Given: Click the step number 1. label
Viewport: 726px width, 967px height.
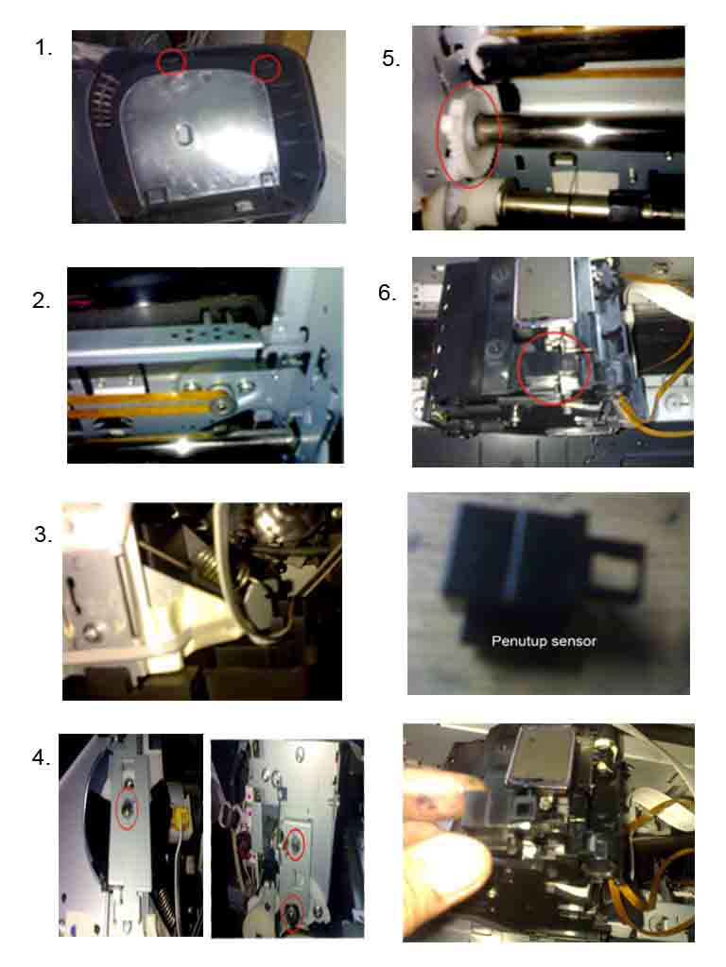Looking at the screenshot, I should [x=43, y=48].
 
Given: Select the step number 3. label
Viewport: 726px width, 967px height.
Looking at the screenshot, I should [x=43, y=534].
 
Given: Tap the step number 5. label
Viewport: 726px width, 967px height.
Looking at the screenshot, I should [x=391, y=59].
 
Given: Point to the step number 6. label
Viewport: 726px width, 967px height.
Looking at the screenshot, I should [x=388, y=293].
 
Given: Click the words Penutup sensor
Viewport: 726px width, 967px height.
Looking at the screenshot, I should [x=544, y=641].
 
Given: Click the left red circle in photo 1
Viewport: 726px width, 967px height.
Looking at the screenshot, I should [x=171, y=61].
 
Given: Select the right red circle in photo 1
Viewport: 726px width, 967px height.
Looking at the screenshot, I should [x=267, y=68].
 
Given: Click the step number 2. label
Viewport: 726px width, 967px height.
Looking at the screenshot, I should [x=42, y=301].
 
